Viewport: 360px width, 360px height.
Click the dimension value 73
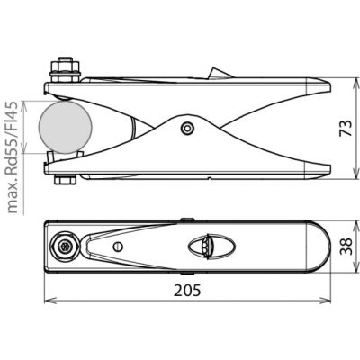(x=346, y=129)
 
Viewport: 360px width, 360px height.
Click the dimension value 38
(x=346, y=247)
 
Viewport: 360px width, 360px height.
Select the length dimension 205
(x=187, y=290)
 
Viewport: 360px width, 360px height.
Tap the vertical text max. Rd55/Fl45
(x=13, y=157)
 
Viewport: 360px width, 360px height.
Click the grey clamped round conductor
(x=65, y=127)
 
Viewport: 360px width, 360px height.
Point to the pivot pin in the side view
(x=188, y=129)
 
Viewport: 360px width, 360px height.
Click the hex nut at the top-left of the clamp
(x=65, y=70)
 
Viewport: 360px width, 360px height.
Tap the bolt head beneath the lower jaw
(x=65, y=180)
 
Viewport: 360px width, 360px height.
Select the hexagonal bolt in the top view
(x=65, y=247)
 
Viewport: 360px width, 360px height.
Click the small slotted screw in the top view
(x=118, y=247)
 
